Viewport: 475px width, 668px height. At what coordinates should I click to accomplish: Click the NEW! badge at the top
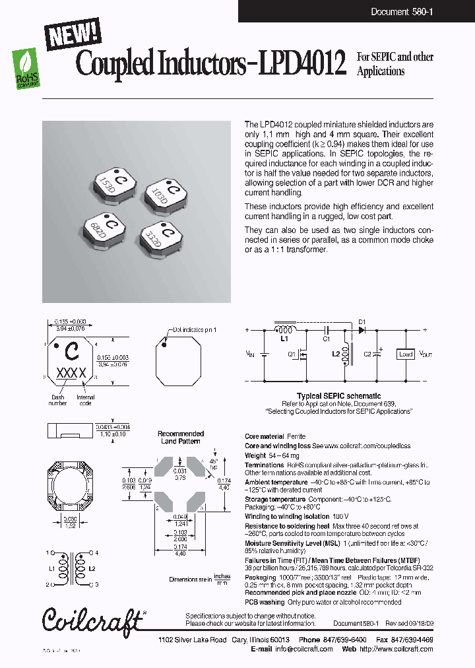click(73, 32)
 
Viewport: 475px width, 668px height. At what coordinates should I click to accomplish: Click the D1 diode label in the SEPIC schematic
click(362, 323)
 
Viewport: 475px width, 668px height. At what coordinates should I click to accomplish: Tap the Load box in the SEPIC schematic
click(404, 354)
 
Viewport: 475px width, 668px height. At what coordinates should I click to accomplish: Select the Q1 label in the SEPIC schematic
click(292, 353)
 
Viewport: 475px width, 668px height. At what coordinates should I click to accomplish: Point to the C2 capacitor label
click(367, 354)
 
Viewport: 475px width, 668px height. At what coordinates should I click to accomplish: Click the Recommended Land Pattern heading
click(181, 437)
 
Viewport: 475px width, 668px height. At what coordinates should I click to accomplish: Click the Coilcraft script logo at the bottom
click(92, 619)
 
